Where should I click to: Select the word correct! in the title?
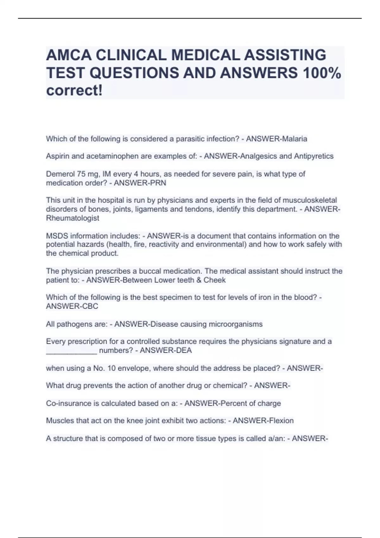click(74, 91)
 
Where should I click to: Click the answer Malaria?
click(294, 139)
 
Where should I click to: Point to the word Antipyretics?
click(313, 156)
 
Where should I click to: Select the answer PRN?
click(159, 183)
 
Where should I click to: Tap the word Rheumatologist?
click(73, 218)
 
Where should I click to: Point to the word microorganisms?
click(231, 324)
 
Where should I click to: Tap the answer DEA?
click(184, 351)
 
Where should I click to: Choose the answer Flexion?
click(281, 421)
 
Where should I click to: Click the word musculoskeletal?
click(309, 200)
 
